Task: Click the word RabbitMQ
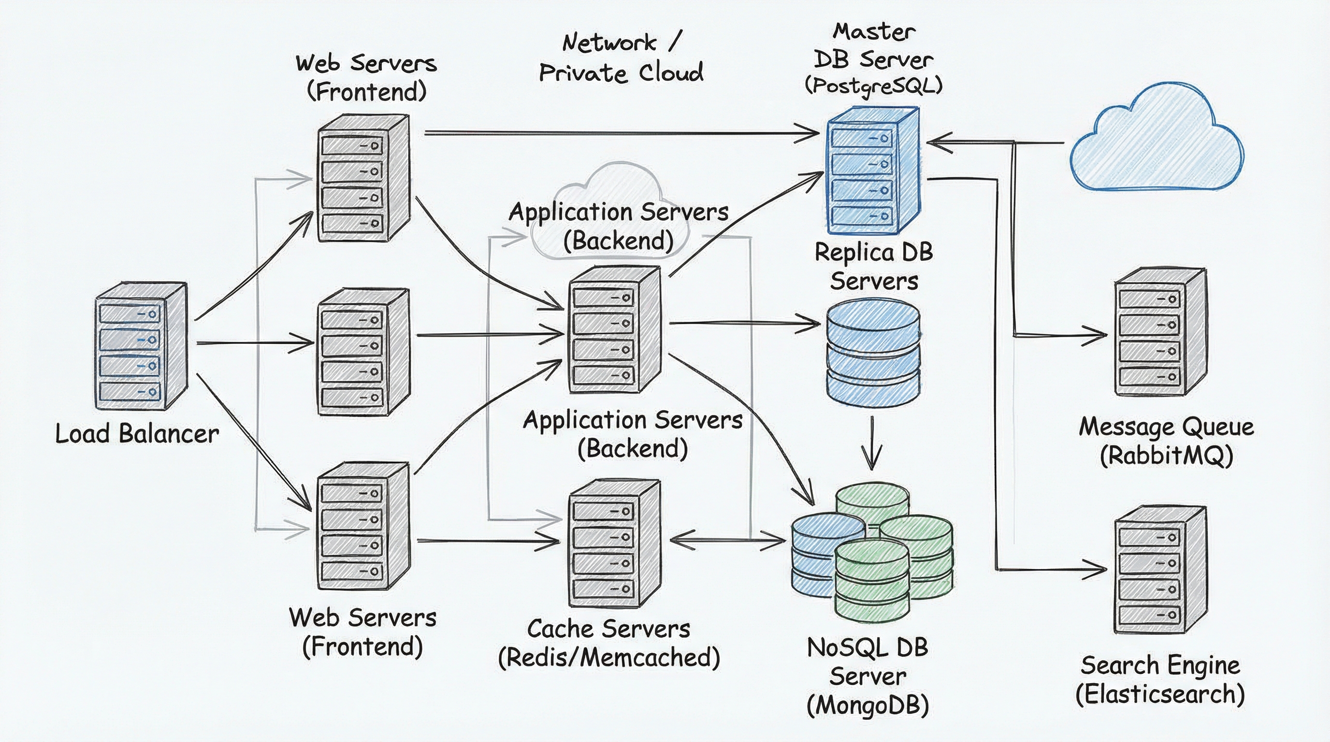(1166, 456)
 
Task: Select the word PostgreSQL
(874, 86)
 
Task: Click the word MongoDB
(867, 705)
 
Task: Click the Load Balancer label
(137, 433)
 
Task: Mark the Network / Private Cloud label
(621, 58)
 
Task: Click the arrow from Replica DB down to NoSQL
(872, 442)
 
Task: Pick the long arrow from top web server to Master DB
(620, 134)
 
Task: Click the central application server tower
(614, 330)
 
